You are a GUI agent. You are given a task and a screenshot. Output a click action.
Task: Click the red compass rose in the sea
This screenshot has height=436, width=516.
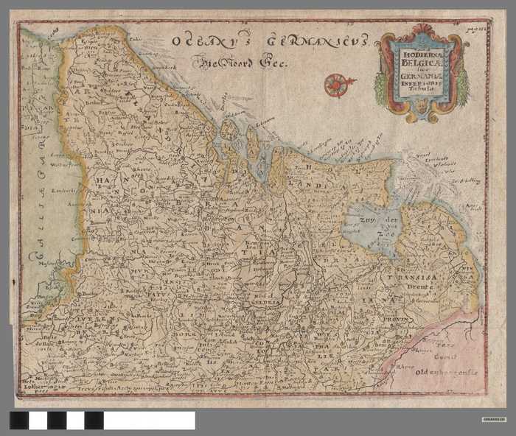point(335,85)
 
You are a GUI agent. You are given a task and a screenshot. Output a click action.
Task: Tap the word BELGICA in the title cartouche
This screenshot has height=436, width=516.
point(422,63)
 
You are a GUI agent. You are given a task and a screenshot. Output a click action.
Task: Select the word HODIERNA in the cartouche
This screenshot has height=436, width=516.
point(422,54)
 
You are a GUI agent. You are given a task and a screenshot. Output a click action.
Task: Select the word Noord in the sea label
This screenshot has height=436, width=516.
point(243,63)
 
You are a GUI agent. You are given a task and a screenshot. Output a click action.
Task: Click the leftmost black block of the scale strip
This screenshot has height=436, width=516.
point(19,421)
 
